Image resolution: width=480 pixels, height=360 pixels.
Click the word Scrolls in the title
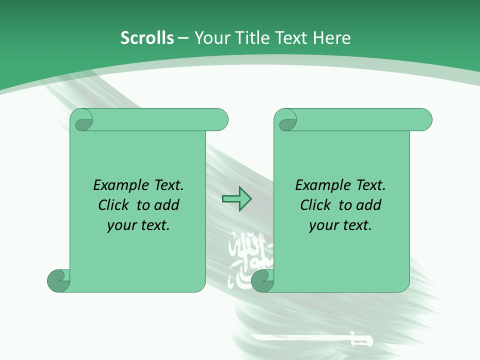147,38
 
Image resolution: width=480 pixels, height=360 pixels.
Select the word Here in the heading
331,38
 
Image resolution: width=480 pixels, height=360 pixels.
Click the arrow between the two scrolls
236,199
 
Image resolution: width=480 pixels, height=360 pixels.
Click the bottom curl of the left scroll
57,280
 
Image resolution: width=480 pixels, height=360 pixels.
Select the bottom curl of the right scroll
261,280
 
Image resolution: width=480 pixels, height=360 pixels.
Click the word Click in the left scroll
114,205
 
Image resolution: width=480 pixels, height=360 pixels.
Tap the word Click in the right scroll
316,205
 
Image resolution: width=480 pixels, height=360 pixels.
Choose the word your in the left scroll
121,225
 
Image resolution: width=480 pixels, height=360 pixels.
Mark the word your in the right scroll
323,225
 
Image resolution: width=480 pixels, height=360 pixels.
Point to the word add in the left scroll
167,205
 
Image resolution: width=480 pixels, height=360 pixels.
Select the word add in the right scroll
369,205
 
